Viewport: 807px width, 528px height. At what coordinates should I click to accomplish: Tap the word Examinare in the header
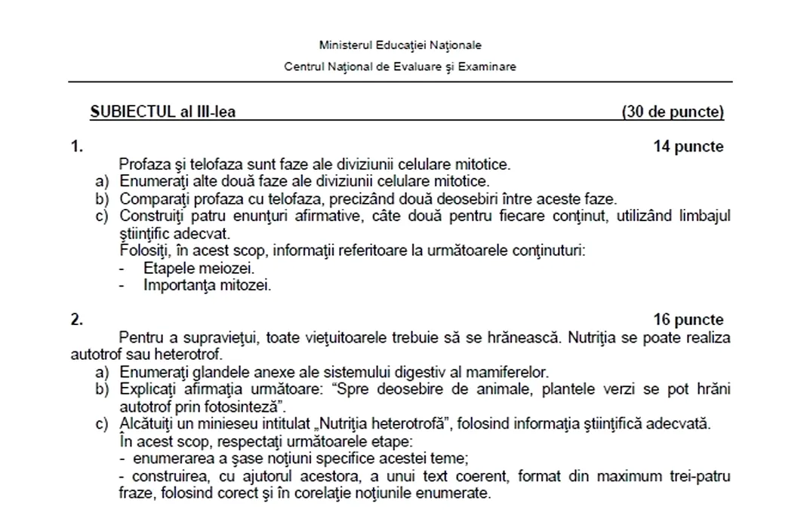487,66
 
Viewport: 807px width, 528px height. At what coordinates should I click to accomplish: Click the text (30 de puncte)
673,112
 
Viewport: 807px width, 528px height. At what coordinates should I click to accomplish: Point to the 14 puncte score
688,147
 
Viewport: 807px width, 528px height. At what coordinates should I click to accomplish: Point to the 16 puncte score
688,320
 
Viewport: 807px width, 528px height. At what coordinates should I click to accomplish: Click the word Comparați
153,199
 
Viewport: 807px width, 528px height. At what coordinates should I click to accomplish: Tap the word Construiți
154,216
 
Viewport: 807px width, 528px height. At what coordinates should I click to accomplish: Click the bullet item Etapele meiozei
199,268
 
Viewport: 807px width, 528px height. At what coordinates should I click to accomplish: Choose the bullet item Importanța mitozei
207,285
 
